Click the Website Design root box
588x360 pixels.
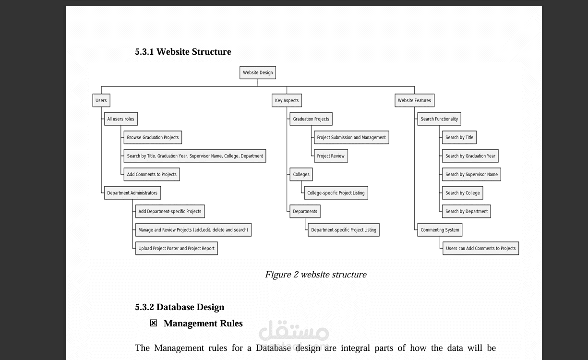point(257,72)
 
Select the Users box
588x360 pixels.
point(101,100)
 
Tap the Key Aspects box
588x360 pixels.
point(287,100)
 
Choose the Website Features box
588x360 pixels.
point(415,100)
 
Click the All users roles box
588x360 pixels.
point(121,119)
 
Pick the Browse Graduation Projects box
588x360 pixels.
point(153,137)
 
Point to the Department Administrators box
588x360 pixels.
point(132,193)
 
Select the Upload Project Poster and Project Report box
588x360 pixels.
point(177,248)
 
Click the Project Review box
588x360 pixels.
point(331,156)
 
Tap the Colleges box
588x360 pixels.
point(301,174)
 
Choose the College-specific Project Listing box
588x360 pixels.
point(336,193)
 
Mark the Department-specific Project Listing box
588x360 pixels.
point(344,230)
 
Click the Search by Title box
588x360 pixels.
point(459,137)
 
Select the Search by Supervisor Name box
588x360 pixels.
point(471,174)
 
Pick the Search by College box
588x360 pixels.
point(463,193)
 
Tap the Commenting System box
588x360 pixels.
point(440,230)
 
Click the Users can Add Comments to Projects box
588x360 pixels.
point(480,248)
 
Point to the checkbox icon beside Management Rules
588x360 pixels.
point(154,323)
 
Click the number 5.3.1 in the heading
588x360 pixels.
point(144,52)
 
